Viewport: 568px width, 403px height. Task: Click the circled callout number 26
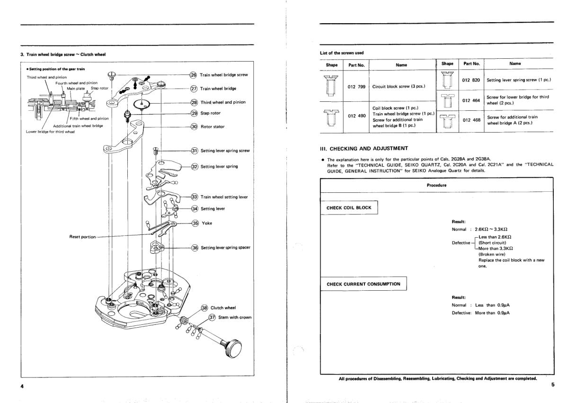tap(193, 75)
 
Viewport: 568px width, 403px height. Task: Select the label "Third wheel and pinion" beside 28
tap(222, 102)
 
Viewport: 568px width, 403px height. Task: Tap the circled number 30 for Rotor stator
tap(194, 126)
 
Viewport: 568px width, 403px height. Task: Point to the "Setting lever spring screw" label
tap(225, 151)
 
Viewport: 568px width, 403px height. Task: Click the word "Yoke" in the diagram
tap(207, 224)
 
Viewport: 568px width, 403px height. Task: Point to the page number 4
tap(22, 386)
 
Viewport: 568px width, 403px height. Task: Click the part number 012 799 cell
tap(355, 87)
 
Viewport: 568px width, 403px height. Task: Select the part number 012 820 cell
tap(471, 80)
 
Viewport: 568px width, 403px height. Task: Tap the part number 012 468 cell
tap(471, 120)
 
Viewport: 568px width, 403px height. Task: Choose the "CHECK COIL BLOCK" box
tap(348, 207)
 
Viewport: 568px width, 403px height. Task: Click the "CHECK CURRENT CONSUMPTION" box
tap(364, 284)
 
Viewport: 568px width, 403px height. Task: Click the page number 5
tap(552, 385)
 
